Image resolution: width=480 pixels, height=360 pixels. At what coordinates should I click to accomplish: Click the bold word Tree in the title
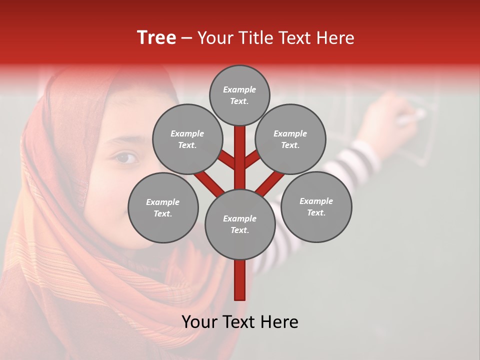pyautogui.click(x=156, y=38)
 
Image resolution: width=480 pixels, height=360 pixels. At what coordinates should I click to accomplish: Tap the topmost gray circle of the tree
pyautogui.click(x=239, y=95)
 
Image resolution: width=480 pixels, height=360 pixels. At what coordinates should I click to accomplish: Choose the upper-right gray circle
pyautogui.click(x=290, y=139)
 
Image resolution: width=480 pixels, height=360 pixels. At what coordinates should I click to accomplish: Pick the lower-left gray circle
pyautogui.click(x=162, y=207)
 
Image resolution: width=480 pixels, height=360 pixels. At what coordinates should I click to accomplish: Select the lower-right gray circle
pyautogui.click(x=316, y=206)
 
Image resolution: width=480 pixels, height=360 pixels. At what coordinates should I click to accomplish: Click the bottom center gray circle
pyautogui.click(x=240, y=224)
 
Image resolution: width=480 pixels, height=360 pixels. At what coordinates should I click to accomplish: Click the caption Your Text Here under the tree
pyautogui.click(x=239, y=322)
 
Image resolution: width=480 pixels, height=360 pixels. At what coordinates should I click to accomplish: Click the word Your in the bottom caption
pyautogui.click(x=198, y=322)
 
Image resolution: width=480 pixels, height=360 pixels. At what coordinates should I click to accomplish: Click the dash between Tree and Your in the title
pyautogui.click(x=186, y=38)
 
